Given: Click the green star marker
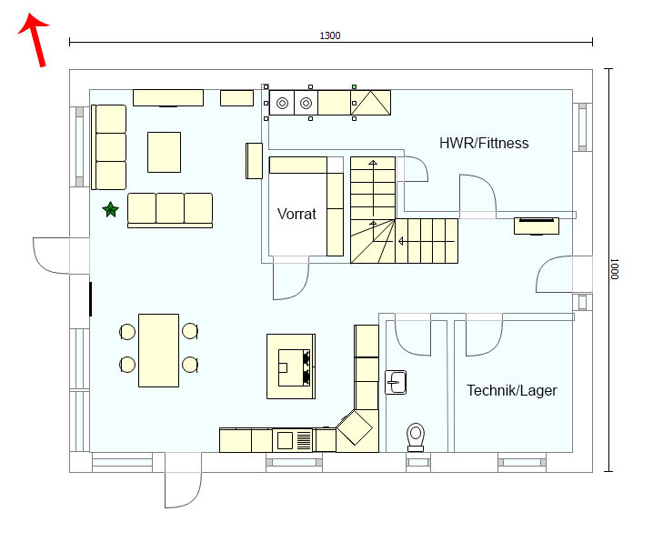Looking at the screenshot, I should click(111, 210).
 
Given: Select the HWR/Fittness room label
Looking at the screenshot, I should click(483, 143).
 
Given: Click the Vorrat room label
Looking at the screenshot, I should click(296, 215).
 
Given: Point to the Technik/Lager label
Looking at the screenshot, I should click(511, 390).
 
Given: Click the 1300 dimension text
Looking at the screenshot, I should click(329, 35).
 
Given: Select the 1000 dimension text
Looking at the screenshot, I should click(615, 269).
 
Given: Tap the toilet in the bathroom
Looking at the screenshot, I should click(417, 435).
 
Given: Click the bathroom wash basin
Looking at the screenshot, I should click(396, 381).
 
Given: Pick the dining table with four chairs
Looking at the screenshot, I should click(158, 349).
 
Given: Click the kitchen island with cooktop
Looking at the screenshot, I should click(290, 366).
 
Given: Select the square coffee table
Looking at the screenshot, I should click(164, 152).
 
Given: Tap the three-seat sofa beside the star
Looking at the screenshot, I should click(169, 209).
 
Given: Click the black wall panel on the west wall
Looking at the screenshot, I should click(90, 298).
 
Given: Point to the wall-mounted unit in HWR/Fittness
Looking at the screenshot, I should click(536, 224).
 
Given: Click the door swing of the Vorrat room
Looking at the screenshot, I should click(290, 281).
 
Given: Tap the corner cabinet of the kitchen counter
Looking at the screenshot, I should click(357, 428).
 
